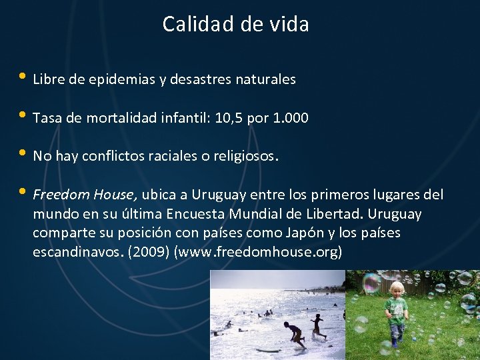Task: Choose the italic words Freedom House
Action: pyautogui.click(x=85, y=195)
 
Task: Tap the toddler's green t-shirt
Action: pyautogui.click(x=396, y=309)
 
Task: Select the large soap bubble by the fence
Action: pyautogui.click(x=371, y=284)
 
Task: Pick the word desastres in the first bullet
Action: pyautogui.click(x=189, y=79)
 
